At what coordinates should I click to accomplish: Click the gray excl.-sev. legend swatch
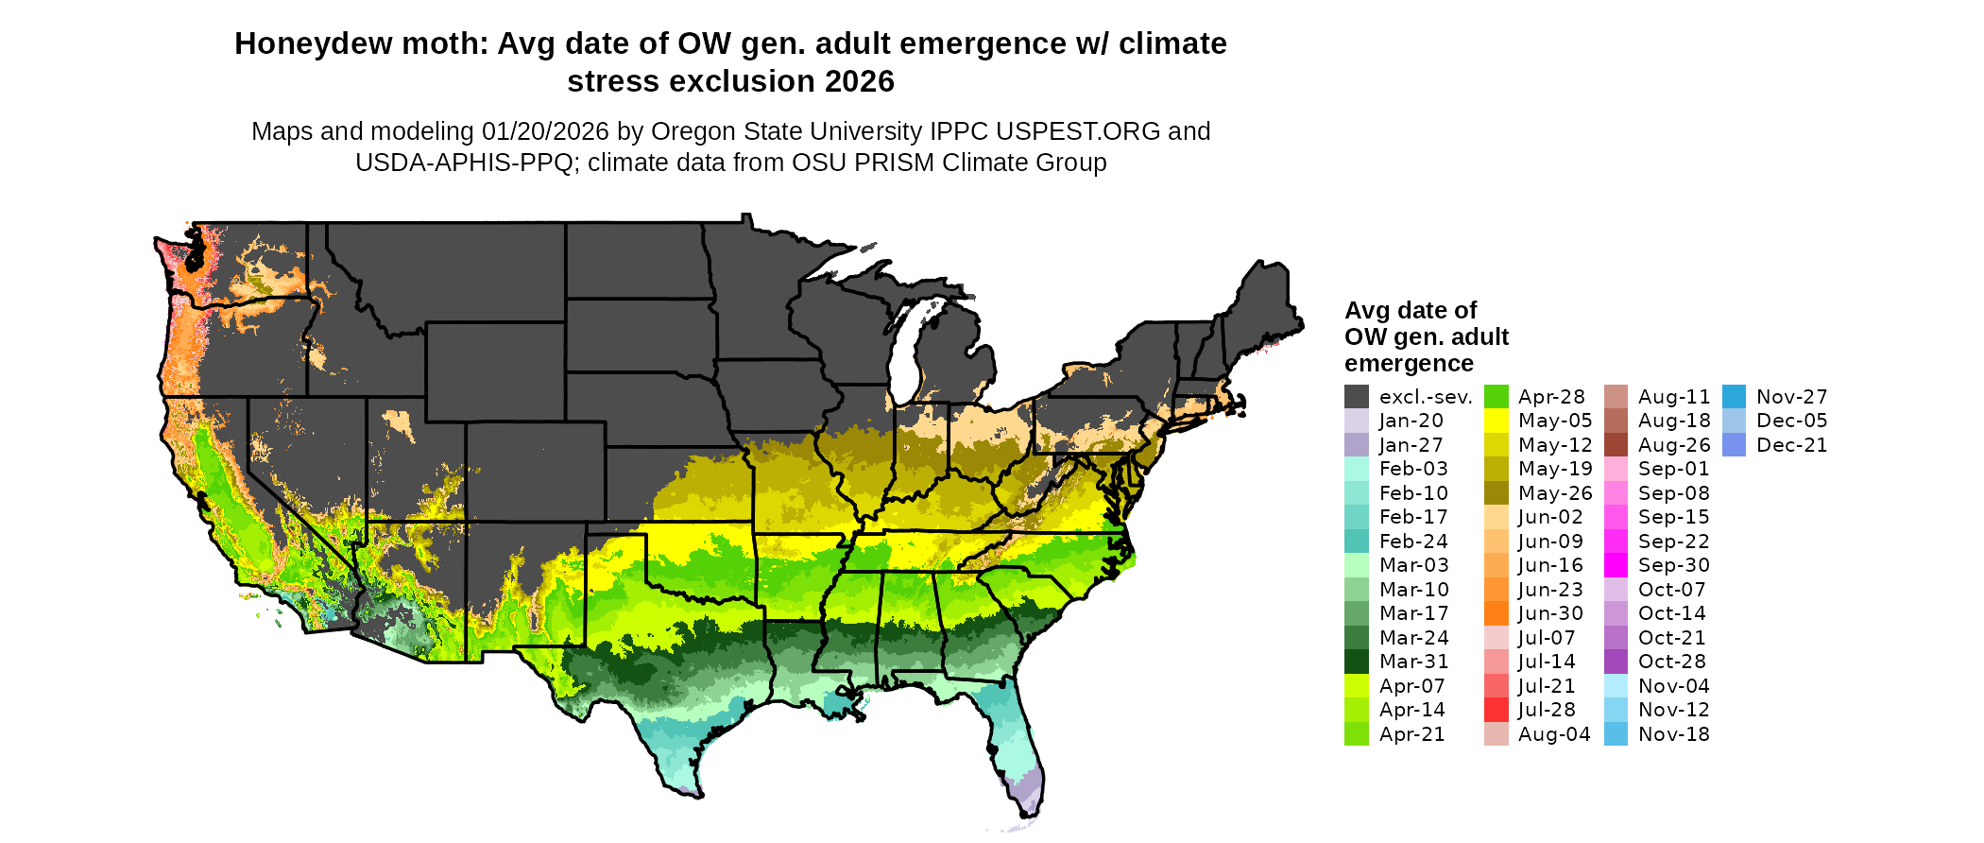click(x=1356, y=397)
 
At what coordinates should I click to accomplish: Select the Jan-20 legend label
click(x=1411, y=421)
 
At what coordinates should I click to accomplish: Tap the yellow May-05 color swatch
click(x=1497, y=421)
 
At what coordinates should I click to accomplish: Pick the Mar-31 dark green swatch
click(x=1356, y=662)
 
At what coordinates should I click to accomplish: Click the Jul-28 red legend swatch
click(x=1497, y=710)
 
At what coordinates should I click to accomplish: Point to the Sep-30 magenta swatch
click(x=1616, y=565)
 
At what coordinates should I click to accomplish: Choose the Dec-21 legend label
click(x=1791, y=445)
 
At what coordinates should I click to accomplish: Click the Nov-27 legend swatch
click(x=1734, y=397)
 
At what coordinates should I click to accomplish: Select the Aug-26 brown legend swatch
click(x=1616, y=445)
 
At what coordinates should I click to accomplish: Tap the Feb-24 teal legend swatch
click(x=1356, y=542)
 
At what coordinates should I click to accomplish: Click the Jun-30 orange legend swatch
click(x=1497, y=613)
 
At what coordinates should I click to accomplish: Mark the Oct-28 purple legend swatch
click(x=1616, y=662)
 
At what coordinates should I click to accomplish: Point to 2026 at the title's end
click(x=859, y=82)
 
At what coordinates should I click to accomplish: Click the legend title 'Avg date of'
click(x=1410, y=311)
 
